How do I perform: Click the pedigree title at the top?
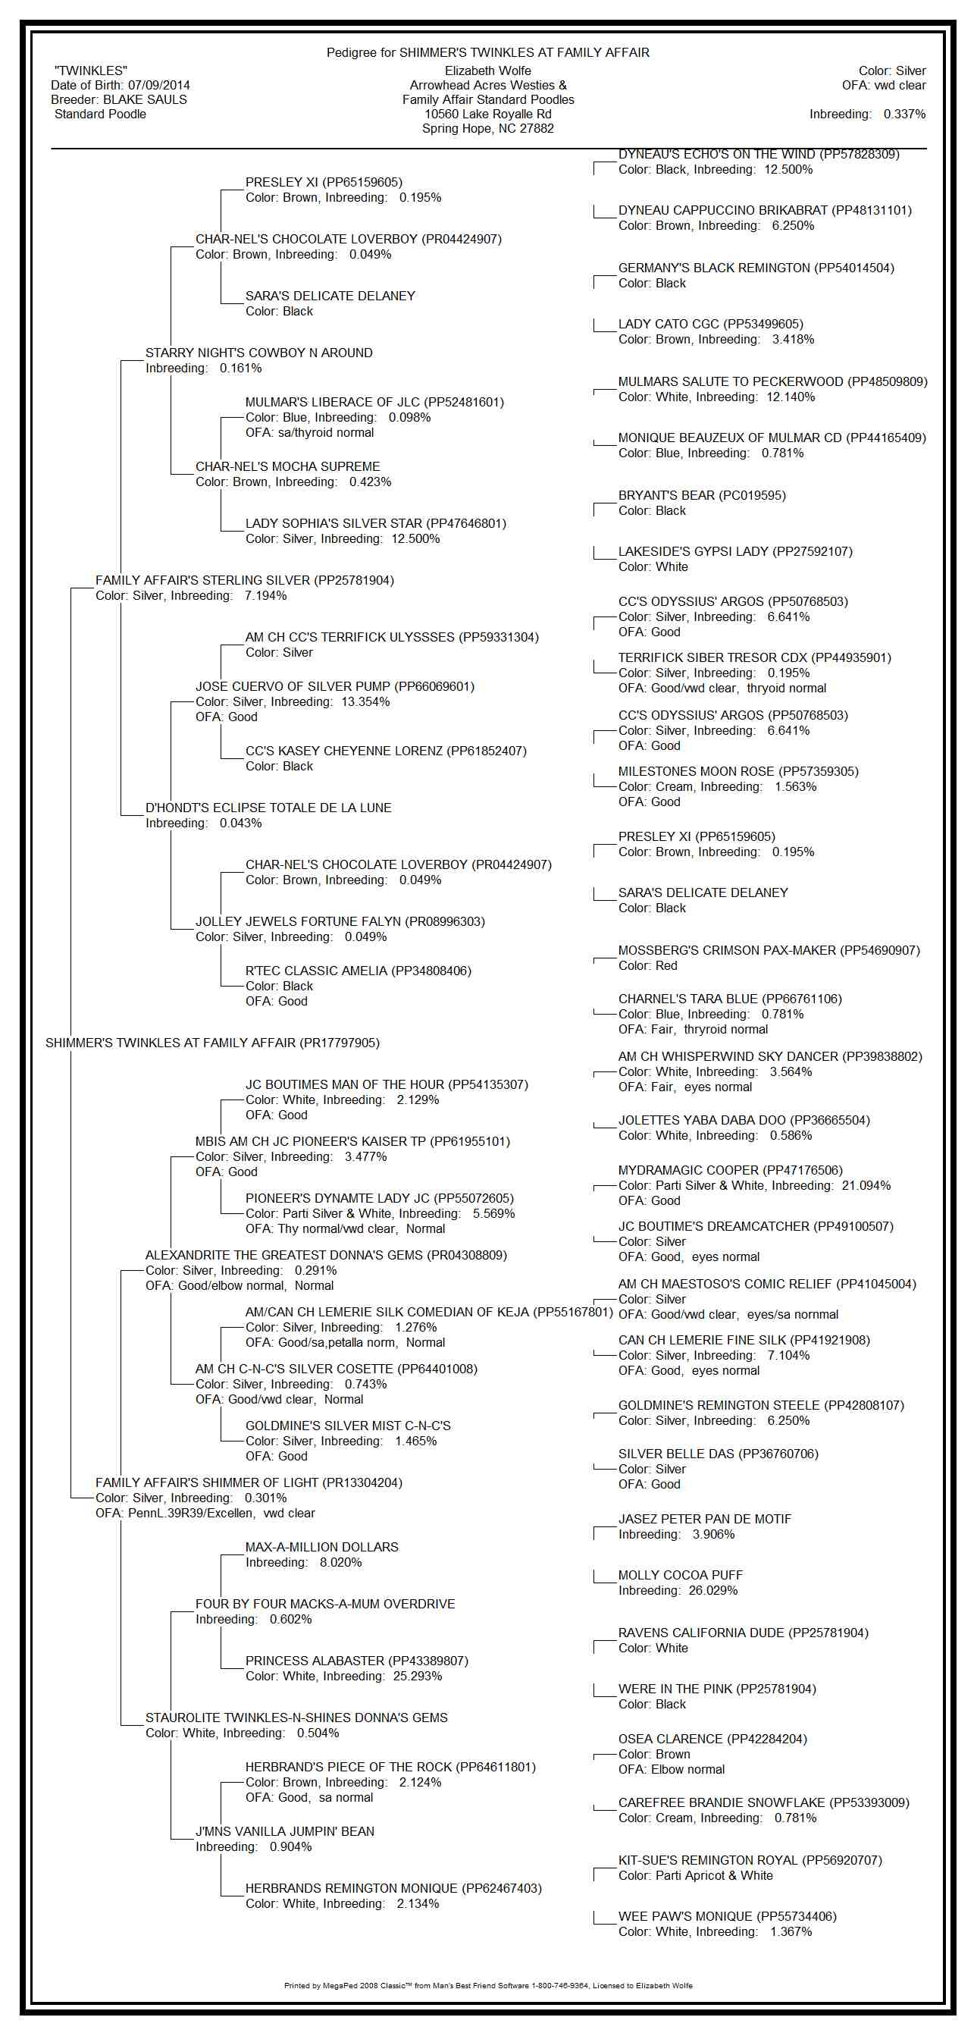[487, 53]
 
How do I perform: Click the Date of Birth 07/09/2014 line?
[120, 86]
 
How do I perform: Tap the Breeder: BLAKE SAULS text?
[118, 99]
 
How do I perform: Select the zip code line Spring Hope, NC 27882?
[487, 128]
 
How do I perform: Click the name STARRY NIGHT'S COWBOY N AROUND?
[259, 353]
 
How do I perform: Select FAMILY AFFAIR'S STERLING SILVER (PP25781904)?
[245, 581]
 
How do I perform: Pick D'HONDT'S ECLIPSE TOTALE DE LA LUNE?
[268, 808]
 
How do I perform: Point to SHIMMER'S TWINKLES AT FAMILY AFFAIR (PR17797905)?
[212, 1043]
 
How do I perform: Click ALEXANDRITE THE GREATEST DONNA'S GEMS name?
[326, 1255]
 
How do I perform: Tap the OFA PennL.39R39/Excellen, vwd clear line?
[205, 1514]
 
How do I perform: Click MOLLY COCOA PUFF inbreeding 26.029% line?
[678, 1590]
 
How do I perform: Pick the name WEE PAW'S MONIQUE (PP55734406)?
[728, 1917]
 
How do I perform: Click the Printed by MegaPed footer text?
[488, 1985]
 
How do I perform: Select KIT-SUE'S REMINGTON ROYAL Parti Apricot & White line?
[696, 1875]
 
